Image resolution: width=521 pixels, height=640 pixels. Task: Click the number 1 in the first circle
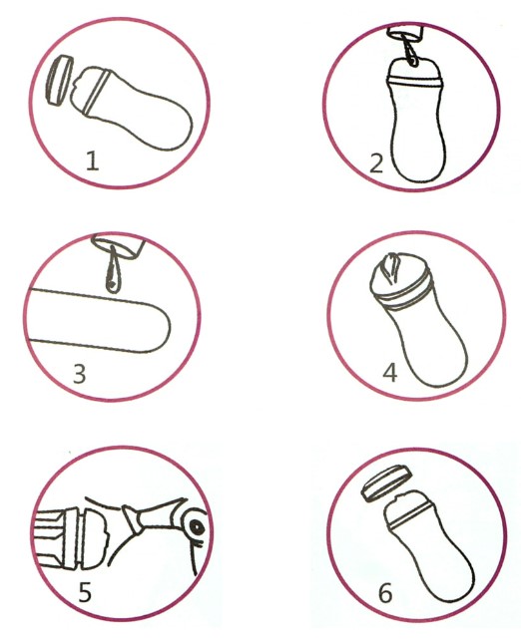click(x=93, y=160)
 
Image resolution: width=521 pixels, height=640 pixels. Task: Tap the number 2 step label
click(x=376, y=163)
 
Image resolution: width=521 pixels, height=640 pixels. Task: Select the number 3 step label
click(x=79, y=374)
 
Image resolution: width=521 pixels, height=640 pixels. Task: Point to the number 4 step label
click(x=390, y=373)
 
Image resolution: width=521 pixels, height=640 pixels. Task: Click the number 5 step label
click(x=85, y=593)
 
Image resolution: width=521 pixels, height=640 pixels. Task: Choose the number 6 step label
click(x=385, y=593)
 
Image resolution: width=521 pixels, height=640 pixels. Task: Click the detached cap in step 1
click(x=60, y=80)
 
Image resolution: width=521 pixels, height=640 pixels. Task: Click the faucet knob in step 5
click(x=197, y=527)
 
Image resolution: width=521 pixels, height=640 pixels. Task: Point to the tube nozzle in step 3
click(x=119, y=247)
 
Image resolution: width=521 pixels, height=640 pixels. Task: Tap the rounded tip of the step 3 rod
click(x=160, y=327)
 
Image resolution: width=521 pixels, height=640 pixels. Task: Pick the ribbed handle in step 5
click(x=50, y=537)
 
